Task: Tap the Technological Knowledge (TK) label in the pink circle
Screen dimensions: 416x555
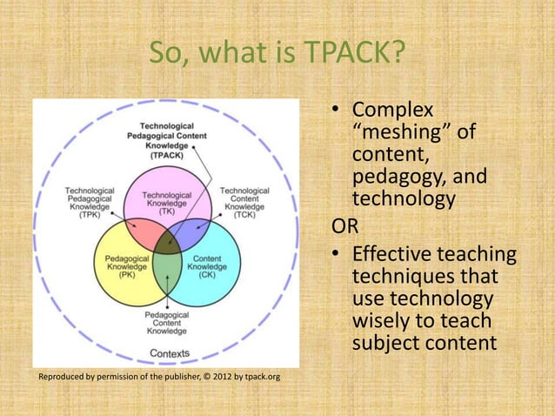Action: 166,202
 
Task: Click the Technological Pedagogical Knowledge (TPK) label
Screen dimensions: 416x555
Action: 90,202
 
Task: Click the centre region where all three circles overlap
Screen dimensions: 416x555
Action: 166,241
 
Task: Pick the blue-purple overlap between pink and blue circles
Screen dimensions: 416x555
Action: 190,231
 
